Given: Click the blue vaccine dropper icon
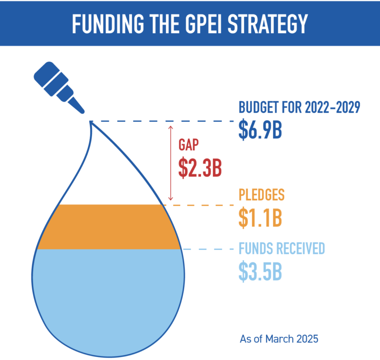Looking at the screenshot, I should click(x=58, y=87).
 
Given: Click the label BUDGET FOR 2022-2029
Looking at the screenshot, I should click(x=298, y=107).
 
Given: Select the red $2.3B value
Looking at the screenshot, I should click(x=200, y=167).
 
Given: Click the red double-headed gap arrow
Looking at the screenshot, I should click(x=170, y=163).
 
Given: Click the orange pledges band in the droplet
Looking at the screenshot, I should click(x=108, y=227).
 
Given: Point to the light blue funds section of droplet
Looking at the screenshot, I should click(x=108, y=297).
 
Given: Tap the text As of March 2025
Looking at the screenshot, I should click(x=279, y=339).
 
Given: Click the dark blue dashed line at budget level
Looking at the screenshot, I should click(x=163, y=121).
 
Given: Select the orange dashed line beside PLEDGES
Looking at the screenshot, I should click(x=198, y=205).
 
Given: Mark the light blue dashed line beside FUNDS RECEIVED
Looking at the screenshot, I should click(x=208, y=250).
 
